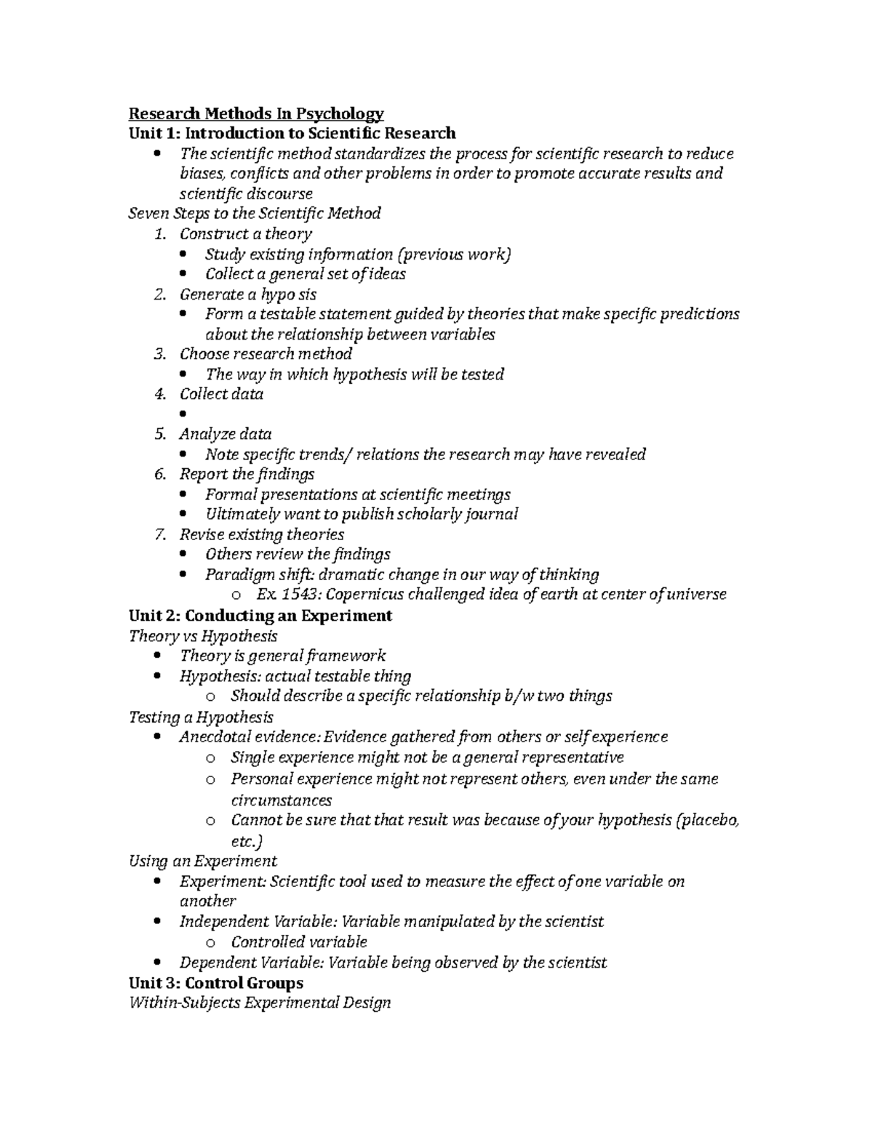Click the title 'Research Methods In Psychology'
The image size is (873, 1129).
(x=256, y=113)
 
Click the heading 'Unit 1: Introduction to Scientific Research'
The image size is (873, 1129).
(x=292, y=133)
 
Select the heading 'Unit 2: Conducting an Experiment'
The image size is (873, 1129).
(x=260, y=616)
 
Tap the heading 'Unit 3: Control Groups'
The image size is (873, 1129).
(x=215, y=983)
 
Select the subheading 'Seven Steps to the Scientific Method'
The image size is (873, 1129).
(x=254, y=213)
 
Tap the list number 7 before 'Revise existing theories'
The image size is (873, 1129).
(x=160, y=535)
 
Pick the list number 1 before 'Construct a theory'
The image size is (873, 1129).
(x=160, y=234)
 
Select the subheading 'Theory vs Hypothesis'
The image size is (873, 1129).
(x=203, y=636)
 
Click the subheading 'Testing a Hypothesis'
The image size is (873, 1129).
(x=201, y=717)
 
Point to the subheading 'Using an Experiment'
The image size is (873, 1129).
(x=202, y=861)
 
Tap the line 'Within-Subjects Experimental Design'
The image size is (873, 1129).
(x=259, y=1003)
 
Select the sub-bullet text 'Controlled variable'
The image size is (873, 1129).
(x=298, y=942)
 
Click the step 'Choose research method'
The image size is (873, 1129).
(x=266, y=354)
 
